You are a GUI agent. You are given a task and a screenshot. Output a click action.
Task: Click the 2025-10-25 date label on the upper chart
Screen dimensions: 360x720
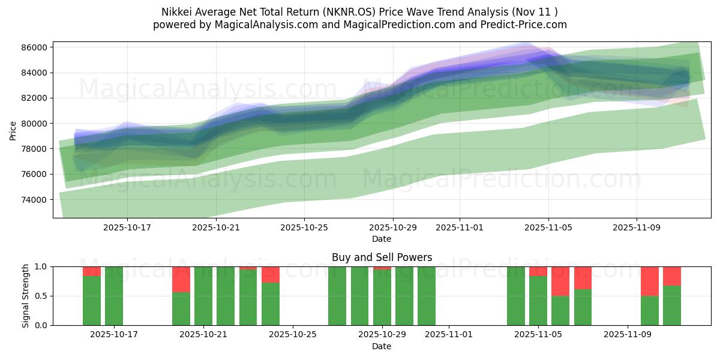pos(304,227)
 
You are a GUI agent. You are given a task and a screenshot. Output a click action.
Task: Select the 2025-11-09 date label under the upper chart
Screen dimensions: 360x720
pos(636,227)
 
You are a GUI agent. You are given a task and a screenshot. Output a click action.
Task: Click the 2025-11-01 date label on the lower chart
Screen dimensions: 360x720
pos(449,335)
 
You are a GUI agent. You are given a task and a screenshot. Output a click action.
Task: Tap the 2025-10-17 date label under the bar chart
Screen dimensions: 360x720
pos(114,335)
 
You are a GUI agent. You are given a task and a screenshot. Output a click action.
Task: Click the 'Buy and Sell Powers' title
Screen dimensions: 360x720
pos(382,257)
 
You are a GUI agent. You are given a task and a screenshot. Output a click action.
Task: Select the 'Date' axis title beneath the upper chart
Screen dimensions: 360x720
pos(382,239)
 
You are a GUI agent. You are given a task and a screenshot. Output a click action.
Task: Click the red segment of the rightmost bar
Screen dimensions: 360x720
pos(672,276)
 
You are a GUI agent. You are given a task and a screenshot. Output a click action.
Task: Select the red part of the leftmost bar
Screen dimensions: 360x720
pos(92,271)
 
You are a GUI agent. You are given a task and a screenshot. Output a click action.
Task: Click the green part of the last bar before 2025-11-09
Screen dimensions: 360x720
pos(583,307)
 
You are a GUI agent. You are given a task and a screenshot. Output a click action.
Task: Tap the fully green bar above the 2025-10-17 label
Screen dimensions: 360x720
pos(114,296)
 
